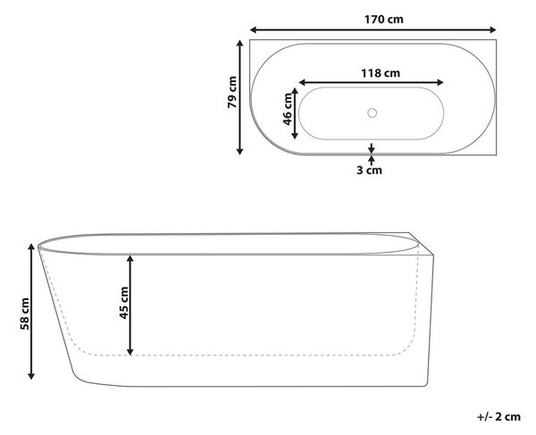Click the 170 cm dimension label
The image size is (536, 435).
click(x=383, y=20)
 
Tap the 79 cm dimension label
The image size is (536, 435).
click(x=232, y=92)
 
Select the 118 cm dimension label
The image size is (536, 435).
click(x=381, y=73)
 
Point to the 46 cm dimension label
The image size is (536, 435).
click(x=288, y=109)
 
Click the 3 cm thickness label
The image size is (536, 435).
click(x=369, y=170)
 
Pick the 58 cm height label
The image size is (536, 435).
click(x=25, y=314)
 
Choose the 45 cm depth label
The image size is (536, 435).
click(x=124, y=303)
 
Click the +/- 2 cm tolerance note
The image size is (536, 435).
click(x=498, y=417)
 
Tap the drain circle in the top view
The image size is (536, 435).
click(x=372, y=113)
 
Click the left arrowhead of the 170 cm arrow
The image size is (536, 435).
click(x=254, y=30)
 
